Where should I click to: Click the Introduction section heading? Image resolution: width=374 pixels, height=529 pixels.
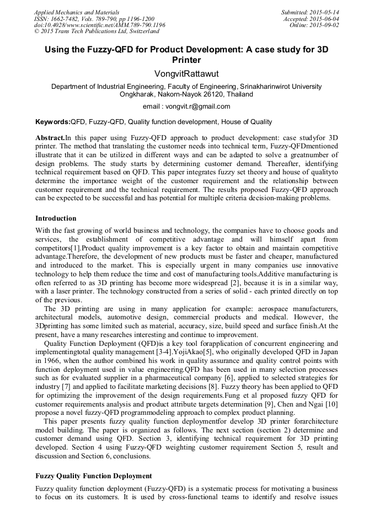coord(56,218)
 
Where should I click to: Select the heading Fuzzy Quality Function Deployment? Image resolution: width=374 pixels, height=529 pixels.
coord(94,475)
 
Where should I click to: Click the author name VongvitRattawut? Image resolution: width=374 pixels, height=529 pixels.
coord(186,73)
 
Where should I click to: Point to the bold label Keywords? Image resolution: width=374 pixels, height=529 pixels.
coord(53,122)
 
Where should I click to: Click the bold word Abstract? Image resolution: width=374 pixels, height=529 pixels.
coord(50,137)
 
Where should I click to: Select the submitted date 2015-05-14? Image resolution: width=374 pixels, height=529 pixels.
coord(324,12)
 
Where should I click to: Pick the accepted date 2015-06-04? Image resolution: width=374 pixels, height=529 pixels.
coord(324,19)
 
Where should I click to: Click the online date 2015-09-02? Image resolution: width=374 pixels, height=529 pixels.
coord(324,25)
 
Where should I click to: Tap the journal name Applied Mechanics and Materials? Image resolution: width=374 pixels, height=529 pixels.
coord(76,12)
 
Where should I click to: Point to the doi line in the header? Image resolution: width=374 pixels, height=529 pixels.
coord(99,25)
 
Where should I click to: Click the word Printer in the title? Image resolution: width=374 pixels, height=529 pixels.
coord(186,60)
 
